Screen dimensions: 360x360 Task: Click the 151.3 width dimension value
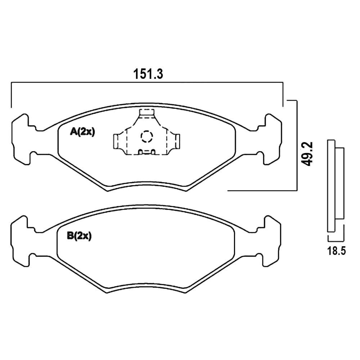click(x=148, y=74)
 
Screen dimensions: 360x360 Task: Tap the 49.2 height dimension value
click(x=307, y=154)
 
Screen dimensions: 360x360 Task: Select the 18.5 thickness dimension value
click(x=336, y=251)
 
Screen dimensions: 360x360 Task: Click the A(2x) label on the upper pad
click(x=82, y=132)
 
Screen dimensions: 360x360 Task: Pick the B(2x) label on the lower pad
click(x=79, y=236)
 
